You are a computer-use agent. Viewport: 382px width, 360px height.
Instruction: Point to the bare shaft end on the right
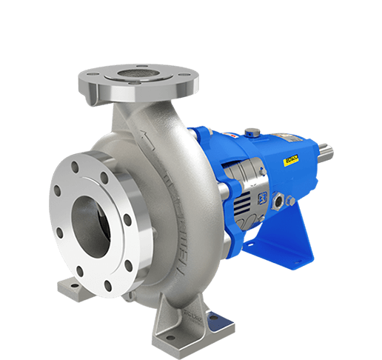point(324,153)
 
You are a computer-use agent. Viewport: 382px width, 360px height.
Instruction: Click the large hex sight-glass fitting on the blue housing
point(281,200)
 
